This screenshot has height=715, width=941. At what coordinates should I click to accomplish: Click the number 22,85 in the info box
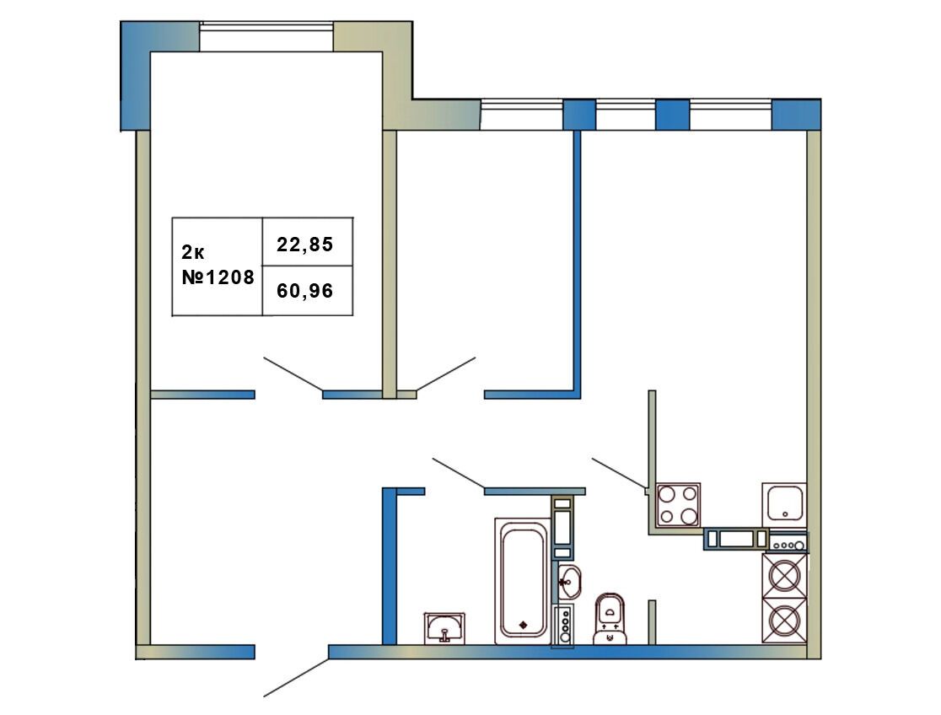305,245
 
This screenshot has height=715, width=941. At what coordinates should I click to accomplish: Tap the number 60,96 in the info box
305,291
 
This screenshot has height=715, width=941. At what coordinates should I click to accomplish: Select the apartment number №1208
218,277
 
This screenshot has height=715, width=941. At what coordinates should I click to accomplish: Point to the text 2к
192,253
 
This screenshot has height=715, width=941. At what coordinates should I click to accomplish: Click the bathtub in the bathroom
523,581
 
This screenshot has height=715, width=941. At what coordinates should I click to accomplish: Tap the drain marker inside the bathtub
523,625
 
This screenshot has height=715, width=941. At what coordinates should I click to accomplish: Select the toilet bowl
610,618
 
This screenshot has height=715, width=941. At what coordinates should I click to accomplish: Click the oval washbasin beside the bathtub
569,582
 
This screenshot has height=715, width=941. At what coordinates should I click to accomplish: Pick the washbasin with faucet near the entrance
444,628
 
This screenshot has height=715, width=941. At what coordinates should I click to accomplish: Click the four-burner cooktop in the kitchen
678,504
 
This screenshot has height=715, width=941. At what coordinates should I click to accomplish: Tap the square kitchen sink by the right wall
784,504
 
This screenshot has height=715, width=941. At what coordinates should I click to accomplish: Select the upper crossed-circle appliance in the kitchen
784,576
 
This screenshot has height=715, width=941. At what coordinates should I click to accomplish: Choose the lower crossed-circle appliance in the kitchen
784,621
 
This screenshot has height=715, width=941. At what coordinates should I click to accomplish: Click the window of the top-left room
266,37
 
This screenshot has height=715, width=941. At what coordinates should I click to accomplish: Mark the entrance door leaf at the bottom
297,678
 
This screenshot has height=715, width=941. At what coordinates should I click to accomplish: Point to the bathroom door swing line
459,473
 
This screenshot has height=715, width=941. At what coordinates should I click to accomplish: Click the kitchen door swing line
620,473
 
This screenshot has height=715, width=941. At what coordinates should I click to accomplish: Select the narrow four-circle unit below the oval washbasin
564,625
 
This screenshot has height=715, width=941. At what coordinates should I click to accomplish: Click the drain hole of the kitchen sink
785,514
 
